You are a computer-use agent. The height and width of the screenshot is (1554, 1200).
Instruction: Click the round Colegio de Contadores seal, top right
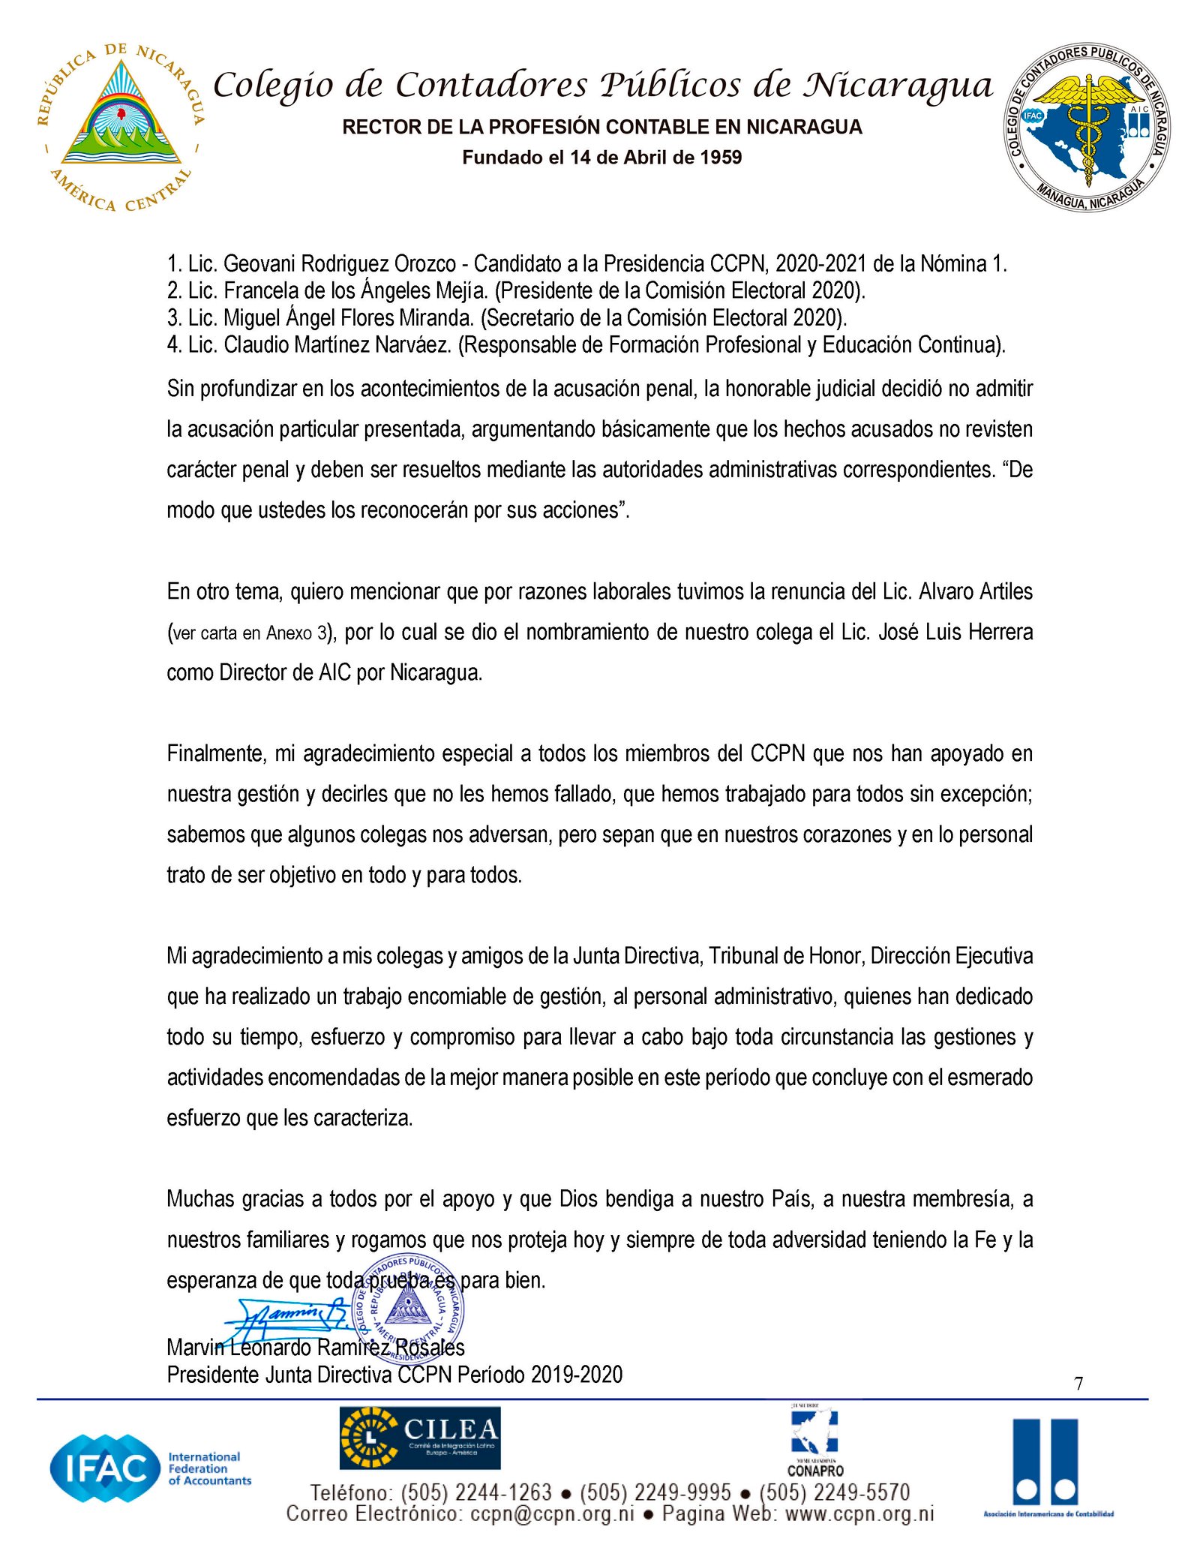tap(1088, 126)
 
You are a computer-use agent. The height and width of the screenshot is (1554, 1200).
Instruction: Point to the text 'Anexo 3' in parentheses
tap(297, 633)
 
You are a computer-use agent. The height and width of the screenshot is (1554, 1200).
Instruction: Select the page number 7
tap(1078, 1384)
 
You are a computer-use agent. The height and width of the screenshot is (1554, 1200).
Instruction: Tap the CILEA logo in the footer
tap(420, 1438)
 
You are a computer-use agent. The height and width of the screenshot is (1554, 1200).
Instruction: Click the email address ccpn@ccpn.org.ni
tap(552, 1514)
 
